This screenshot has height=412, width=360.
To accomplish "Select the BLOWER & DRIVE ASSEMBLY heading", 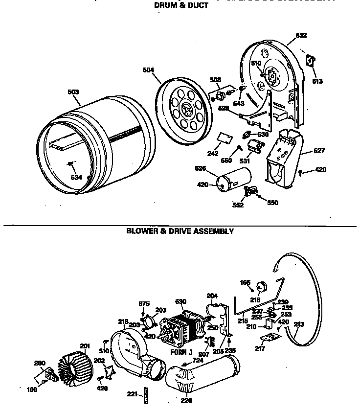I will coord(180,231).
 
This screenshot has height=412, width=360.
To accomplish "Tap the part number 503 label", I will coord(73,92).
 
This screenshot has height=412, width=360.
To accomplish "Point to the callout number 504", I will coord(148,69).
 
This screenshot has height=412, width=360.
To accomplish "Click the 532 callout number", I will coord(301,35).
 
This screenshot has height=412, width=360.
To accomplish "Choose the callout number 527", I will coord(319,151).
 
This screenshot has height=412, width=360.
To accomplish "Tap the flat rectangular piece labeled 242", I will coord(224,139).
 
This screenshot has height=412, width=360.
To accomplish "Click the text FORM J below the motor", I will coord(181,352).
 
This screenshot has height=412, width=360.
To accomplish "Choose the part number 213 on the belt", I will coord(299,323).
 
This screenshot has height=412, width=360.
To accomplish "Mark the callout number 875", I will coord(144,304).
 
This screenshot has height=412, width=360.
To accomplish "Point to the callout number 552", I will coord(238,206).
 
